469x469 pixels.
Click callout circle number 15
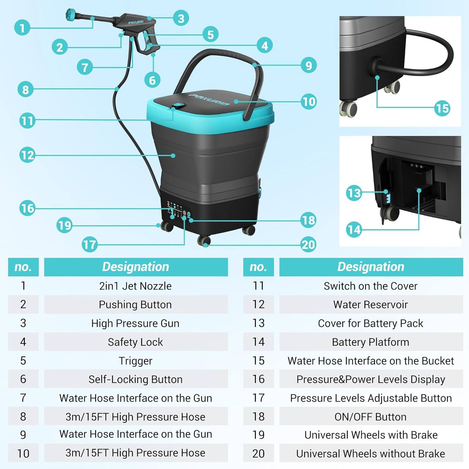(442, 108)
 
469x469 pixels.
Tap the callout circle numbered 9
(309, 65)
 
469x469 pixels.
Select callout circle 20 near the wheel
(308, 245)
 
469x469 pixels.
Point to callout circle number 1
(22, 28)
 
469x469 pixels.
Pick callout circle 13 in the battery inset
(354, 193)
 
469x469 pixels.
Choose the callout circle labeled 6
(152, 80)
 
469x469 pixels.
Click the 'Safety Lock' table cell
(135, 342)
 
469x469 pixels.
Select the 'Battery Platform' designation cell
(371, 342)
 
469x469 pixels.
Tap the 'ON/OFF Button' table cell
(371, 416)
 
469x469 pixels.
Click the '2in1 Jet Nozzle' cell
(135, 286)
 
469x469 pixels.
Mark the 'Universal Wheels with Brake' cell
(371, 435)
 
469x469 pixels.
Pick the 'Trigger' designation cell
(135, 361)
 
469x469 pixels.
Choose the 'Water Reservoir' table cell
(371, 304)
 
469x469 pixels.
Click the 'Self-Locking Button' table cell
(135, 379)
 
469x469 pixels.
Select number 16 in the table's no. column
(258, 379)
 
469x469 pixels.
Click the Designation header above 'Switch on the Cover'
(371, 267)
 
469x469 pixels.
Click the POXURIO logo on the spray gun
(136, 23)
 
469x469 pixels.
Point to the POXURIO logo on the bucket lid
(209, 99)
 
